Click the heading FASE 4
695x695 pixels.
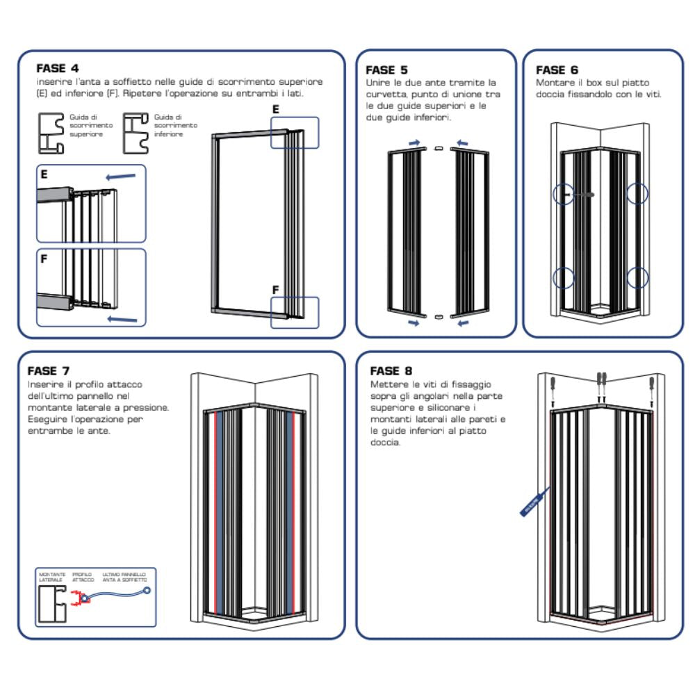pyautogui.click(x=57, y=68)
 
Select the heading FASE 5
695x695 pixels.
pyautogui.click(x=386, y=69)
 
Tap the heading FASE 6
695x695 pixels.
pyautogui.click(x=557, y=69)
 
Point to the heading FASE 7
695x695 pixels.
pyautogui.click(x=48, y=371)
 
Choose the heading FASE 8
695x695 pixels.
pyautogui.click(x=391, y=371)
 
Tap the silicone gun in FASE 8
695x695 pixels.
pyautogui.click(x=534, y=501)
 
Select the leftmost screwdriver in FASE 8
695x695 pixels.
pyautogui.click(x=553, y=386)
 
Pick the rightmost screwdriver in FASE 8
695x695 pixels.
pyautogui.click(x=652, y=386)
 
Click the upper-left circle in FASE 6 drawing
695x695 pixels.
pyautogui.click(x=564, y=194)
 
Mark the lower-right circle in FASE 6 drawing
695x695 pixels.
pyautogui.click(x=637, y=279)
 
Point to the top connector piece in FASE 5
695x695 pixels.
pyautogui.click(x=437, y=148)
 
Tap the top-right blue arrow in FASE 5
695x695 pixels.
pyautogui.click(x=462, y=142)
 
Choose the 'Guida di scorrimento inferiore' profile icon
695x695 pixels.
pyautogui.click(x=136, y=133)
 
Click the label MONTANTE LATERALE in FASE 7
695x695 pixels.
pyautogui.click(x=52, y=577)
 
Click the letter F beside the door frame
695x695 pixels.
pyautogui.click(x=275, y=288)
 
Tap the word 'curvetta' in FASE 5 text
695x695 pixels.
pyautogui.click(x=381, y=94)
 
